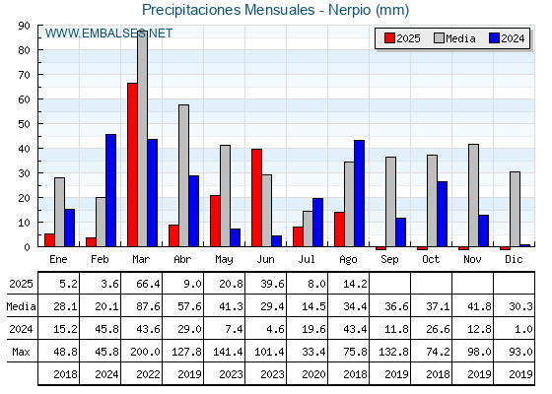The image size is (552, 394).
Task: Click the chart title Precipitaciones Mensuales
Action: pyautogui.click(x=228, y=10)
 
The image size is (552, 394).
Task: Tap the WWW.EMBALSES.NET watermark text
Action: pyautogui.click(x=108, y=33)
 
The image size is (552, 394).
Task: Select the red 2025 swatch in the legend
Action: pyautogui.click(x=389, y=38)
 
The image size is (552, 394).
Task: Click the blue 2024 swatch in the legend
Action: pyautogui.click(x=494, y=38)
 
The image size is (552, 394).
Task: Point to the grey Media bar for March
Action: pyautogui.click(x=142, y=139)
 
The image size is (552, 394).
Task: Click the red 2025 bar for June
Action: pyautogui.click(x=256, y=198)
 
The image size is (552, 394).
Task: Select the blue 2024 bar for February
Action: pyautogui.click(x=110, y=190)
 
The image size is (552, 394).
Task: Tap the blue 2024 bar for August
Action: pyautogui.click(x=359, y=193)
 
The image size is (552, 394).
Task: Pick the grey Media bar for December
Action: pyautogui.click(x=515, y=209)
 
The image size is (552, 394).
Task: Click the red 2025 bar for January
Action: pyautogui.click(x=49, y=240)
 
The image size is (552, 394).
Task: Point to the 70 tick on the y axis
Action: pyautogui.click(x=25, y=75)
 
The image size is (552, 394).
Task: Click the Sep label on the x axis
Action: pyautogui.click(x=389, y=260)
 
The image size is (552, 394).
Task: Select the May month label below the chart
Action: pyautogui.click(x=224, y=260)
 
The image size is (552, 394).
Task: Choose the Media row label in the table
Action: pyautogui.click(x=21, y=306)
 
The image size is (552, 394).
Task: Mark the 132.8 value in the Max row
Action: pyautogui.click(x=393, y=352)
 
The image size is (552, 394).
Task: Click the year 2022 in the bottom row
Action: pyautogui.click(x=148, y=374)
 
